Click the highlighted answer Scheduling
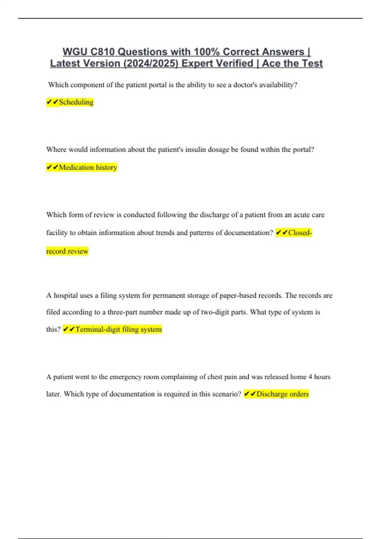[76, 102]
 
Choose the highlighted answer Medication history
[88, 167]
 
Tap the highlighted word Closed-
[300, 233]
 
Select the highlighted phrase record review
[67, 251]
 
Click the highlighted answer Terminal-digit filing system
[118, 329]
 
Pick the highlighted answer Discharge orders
[282, 394]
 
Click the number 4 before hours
[310, 377]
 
